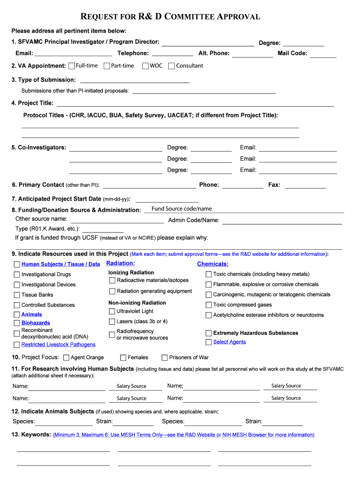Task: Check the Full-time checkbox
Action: pyautogui.click(x=72, y=66)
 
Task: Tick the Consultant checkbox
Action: pyautogui.click(x=172, y=66)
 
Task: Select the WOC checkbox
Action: pyautogui.click(x=145, y=66)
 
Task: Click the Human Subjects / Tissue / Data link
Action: pyautogui.click(x=60, y=264)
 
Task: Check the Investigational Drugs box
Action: pyautogui.click(x=17, y=275)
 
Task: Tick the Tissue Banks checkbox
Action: pyautogui.click(x=17, y=295)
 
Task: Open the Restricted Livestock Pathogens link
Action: pyautogui.click(x=58, y=345)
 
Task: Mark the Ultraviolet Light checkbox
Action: pyautogui.click(x=112, y=312)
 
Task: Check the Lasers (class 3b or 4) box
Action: pyautogui.click(x=112, y=322)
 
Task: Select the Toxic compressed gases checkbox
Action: pyautogui.click(x=209, y=305)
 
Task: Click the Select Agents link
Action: pyautogui.click(x=229, y=342)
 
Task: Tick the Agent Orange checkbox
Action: pyautogui.click(x=66, y=358)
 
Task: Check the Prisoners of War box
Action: pyautogui.click(x=165, y=358)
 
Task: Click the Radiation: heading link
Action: pyautogui.click(x=121, y=264)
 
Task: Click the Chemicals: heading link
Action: pyautogui.click(x=213, y=264)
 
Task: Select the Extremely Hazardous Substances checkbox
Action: pyautogui.click(x=209, y=334)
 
